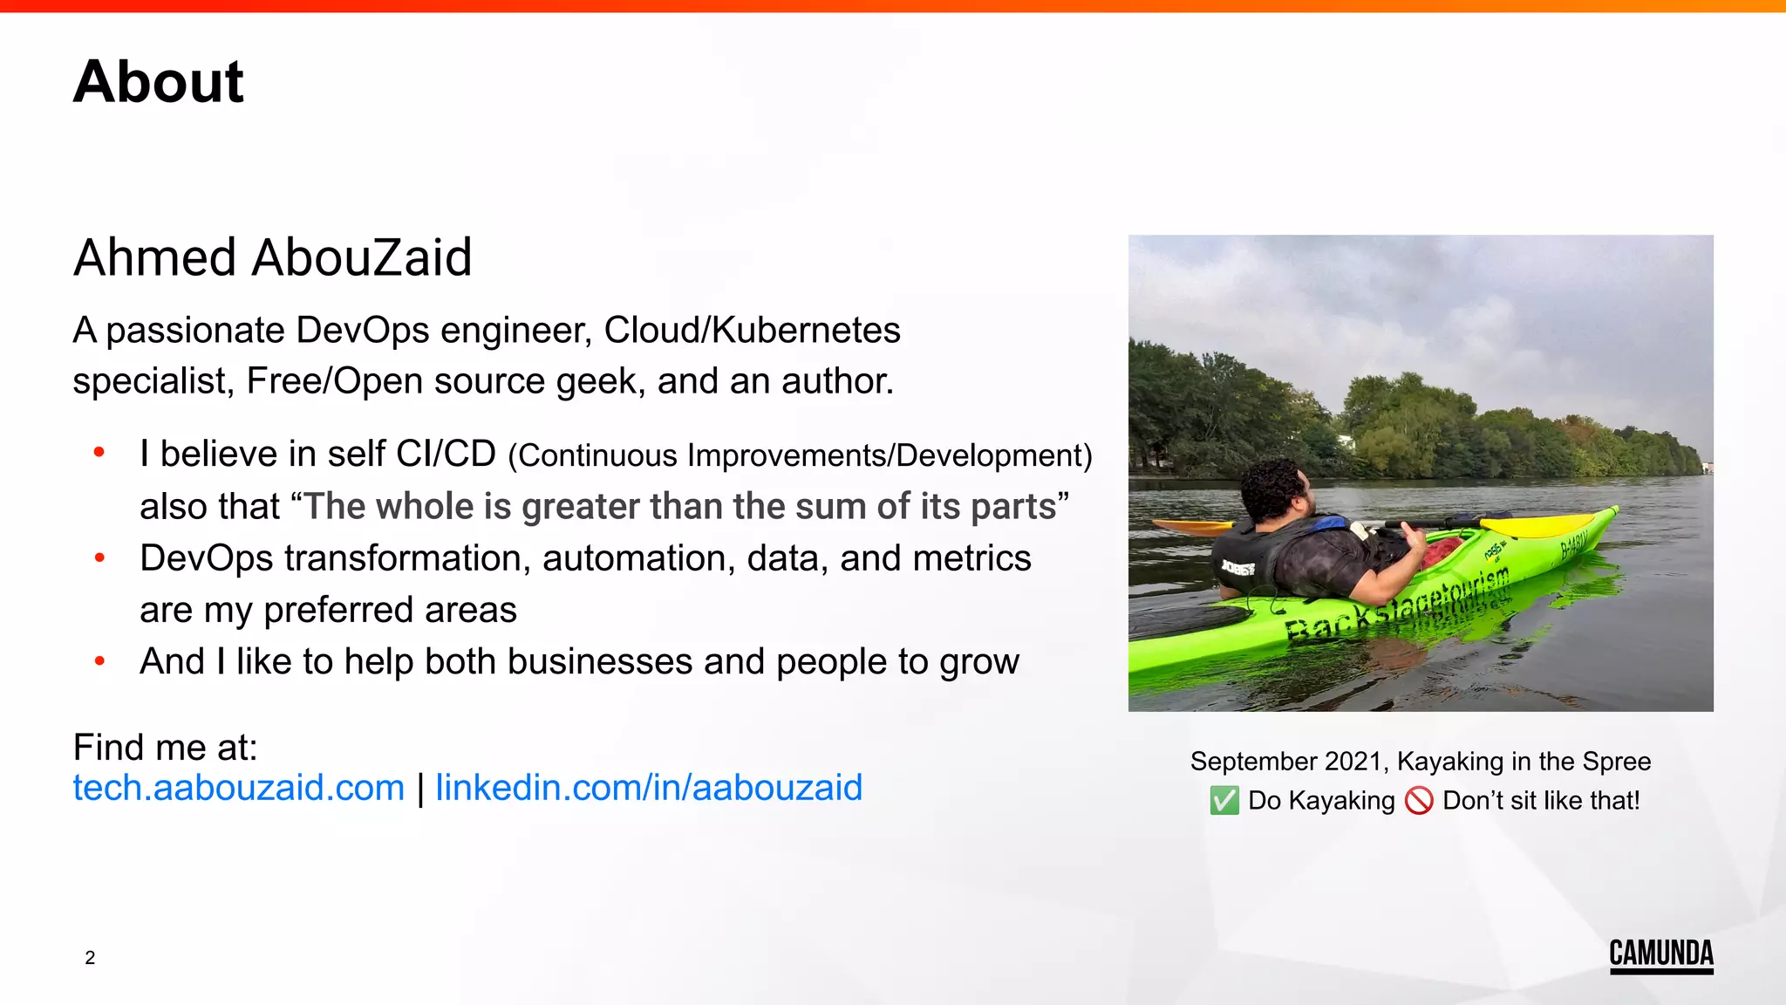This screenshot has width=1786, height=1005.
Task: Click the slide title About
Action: click(x=158, y=82)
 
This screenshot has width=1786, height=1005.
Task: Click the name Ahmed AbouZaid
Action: click(x=272, y=257)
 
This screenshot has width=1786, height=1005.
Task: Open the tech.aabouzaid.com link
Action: click(x=238, y=788)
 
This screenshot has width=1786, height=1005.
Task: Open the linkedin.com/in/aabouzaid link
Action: click(x=648, y=788)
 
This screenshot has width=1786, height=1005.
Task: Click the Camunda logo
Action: click(x=1660, y=954)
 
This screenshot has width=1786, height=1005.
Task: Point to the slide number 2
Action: click(x=90, y=958)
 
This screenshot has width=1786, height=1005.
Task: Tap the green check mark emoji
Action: click(x=1224, y=800)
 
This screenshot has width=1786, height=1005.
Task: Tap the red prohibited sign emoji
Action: click(x=1419, y=800)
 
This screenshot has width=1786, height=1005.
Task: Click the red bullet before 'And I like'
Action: click(x=100, y=661)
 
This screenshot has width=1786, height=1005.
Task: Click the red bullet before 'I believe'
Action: click(x=100, y=452)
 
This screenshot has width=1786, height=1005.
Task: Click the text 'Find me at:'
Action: click(x=165, y=748)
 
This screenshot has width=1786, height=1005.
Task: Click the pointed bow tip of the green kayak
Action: click(x=1615, y=509)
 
